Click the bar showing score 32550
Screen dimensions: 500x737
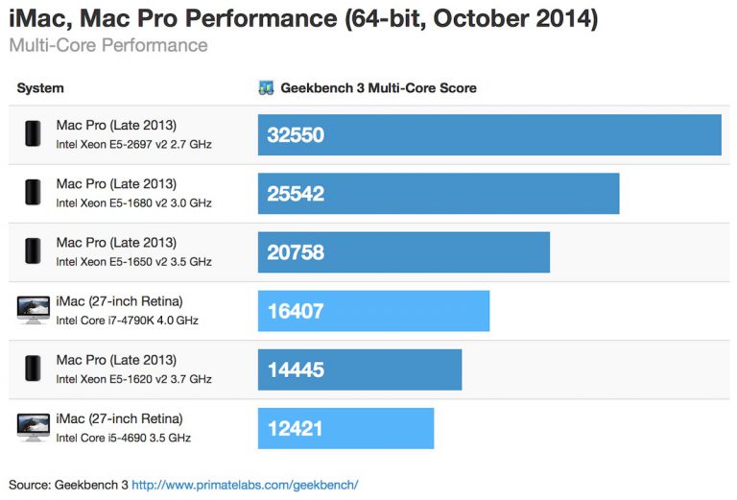pos(489,134)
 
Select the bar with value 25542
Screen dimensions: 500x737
pos(438,193)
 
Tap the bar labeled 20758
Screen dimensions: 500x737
pos(403,252)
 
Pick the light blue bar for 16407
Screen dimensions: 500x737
pos(373,311)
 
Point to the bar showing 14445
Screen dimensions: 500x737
pos(359,369)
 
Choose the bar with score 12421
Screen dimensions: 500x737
pos(345,428)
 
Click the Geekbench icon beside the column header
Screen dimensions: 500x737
pos(267,88)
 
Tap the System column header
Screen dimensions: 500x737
pos(40,88)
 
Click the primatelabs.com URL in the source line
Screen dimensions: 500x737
pos(245,485)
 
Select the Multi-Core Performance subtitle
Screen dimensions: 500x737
pos(107,45)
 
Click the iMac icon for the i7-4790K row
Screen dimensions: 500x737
pos(33,310)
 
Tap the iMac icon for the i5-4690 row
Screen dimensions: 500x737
pos(33,427)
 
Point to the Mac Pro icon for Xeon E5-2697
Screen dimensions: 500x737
pos(33,134)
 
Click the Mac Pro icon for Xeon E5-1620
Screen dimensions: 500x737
pos(33,369)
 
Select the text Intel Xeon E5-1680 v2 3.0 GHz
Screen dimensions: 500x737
pos(133,203)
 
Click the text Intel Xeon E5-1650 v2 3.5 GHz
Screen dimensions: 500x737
pos(133,262)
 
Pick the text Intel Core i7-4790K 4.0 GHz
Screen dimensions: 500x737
pos(127,321)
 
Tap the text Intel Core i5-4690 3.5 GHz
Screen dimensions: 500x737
pos(123,438)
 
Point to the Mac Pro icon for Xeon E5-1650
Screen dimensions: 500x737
pos(33,251)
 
